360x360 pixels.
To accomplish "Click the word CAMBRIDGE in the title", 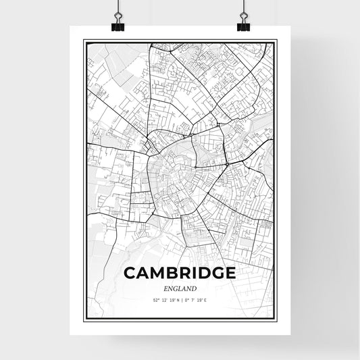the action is coord(180,273).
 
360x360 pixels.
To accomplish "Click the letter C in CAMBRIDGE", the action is coord(130,273).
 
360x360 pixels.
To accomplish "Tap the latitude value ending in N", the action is coord(165,299).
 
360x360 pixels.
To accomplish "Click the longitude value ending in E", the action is coord(196,299).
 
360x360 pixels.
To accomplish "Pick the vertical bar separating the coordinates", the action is coord(180,299).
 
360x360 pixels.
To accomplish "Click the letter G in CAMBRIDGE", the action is coord(215,273).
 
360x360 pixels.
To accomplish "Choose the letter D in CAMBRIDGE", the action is coord(201,273).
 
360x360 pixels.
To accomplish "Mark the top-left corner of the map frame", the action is coord(84,41).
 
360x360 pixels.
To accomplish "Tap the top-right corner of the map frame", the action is coord(277,41).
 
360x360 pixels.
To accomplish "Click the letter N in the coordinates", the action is coord(176,299).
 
